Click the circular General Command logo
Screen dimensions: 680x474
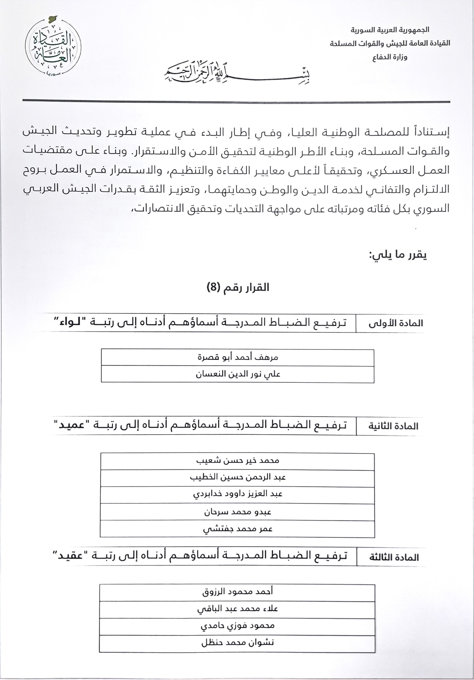[53, 47]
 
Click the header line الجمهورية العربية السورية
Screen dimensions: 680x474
[390, 29]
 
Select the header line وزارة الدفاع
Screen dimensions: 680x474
[390, 57]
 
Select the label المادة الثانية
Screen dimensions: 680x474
[393, 426]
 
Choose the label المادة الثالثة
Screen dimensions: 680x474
[394, 558]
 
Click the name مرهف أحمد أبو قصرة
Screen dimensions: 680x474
[238, 357]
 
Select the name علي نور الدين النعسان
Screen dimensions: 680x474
[238, 374]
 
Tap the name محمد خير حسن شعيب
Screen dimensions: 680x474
[238, 461]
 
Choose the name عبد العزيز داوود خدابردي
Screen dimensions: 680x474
[238, 494]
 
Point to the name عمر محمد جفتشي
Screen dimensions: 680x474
[238, 529]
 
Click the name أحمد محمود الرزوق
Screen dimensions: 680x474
[238, 592]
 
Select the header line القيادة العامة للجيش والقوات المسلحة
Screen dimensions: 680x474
[390, 43]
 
